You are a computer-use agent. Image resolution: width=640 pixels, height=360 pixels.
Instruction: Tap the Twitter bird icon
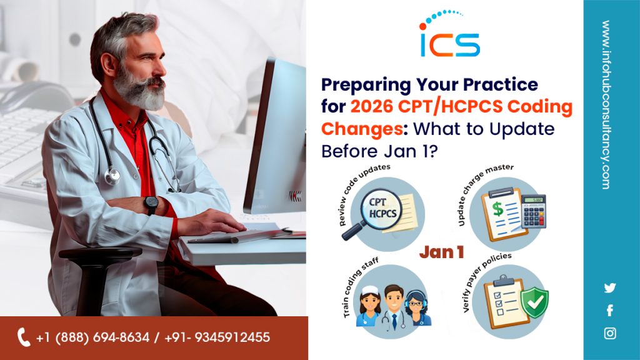point(610,287)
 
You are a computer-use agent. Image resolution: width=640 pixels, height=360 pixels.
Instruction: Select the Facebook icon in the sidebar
point(610,311)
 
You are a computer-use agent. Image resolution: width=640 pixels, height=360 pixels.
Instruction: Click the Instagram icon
point(610,334)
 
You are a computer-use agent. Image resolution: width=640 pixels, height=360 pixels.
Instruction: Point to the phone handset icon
point(24,337)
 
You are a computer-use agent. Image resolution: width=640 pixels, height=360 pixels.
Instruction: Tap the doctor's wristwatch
point(151,204)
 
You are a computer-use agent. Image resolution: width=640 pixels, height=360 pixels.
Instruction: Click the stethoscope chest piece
point(112,176)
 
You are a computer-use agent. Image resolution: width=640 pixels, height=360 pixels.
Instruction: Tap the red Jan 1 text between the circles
point(442,252)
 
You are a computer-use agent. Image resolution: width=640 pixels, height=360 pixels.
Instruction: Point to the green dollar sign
point(498,209)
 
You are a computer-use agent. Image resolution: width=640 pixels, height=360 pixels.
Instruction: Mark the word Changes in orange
point(362,129)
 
